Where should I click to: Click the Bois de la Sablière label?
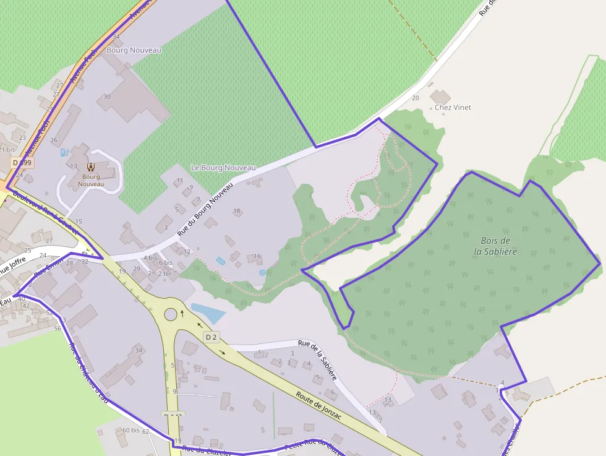495,246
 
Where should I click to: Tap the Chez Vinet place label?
453,107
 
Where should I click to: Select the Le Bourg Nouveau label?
223,168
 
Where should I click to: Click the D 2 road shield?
211,337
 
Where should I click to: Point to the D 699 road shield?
22,162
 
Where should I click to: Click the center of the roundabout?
171,314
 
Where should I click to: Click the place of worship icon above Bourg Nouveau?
91,166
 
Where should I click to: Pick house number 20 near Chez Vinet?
415,98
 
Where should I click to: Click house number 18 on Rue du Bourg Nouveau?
236,211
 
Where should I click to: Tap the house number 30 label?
107,97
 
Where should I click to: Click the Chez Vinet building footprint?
440,97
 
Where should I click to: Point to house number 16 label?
257,256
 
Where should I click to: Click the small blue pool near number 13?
64,152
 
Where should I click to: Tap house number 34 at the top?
116,37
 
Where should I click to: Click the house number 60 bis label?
130,430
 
